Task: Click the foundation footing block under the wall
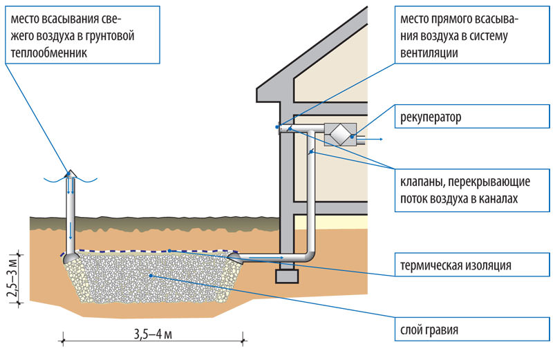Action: coord(285,275)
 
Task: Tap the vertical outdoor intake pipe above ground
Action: coord(71,207)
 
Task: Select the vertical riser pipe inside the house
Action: coord(310,200)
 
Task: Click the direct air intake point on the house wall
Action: coord(278,126)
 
